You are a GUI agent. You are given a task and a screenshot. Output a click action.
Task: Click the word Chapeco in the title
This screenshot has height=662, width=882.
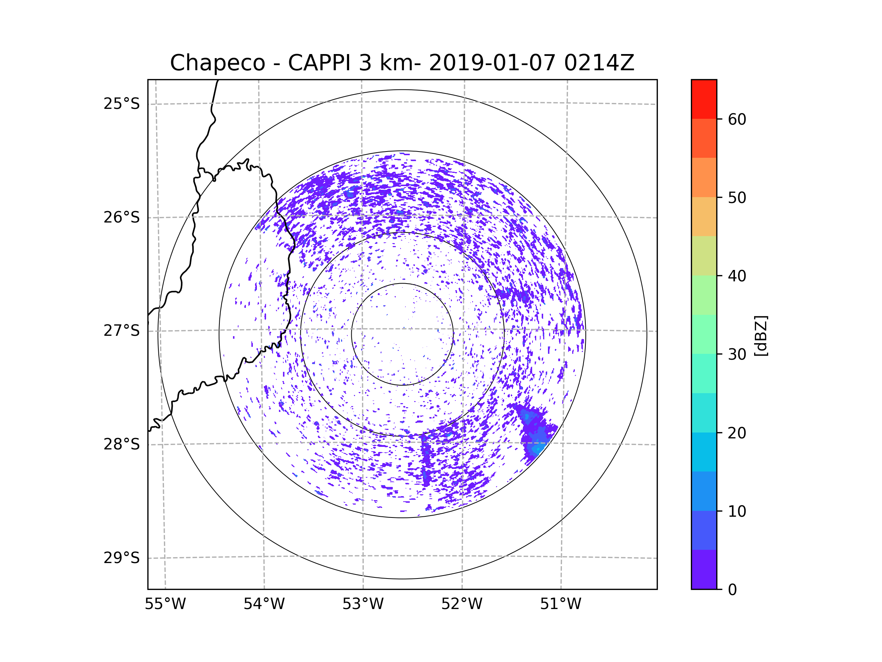pyautogui.click(x=217, y=63)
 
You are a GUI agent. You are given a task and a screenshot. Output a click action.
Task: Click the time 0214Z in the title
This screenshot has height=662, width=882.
pyautogui.click(x=599, y=63)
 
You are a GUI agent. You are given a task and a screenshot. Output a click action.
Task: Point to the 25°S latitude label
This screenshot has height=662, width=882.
pyautogui.click(x=122, y=104)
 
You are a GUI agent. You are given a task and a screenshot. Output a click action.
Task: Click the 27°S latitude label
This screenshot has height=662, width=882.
pyautogui.click(x=122, y=331)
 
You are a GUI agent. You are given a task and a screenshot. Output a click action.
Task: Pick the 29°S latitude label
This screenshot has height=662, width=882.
pyautogui.click(x=122, y=558)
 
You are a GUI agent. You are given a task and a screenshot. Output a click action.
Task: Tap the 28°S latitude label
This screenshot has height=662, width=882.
pyautogui.click(x=122, y=444)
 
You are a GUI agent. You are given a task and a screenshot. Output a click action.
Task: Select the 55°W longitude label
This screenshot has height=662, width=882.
pyautogui.click(x=165, y=604)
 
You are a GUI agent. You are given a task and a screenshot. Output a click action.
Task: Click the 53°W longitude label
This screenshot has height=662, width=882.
pyautogui.click(x=363, y=604)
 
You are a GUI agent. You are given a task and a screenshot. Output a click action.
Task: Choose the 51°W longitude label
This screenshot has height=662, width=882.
pyautogui.click(x=560, y=604)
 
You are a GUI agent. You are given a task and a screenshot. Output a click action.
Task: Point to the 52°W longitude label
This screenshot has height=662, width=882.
pyautogui.click(x=462, y=604)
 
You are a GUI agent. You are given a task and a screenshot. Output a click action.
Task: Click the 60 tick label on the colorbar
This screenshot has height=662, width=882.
pyautogui.click(x=737, y=119)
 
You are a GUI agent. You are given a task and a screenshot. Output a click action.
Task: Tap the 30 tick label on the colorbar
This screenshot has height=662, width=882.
pyautogui.click(x=737, y=354)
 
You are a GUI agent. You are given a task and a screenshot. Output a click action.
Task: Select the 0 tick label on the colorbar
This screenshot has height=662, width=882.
pyautogui.click(x=732, y=590)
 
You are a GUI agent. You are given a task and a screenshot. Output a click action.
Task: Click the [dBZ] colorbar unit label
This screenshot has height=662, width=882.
pyautogui.click(x=761, y=335)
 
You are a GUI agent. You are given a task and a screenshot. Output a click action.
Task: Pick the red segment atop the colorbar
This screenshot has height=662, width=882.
pyautogui.click(x=704, y=99)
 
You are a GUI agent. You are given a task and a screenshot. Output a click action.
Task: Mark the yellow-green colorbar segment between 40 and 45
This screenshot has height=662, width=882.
pyautogui.click(x=704, y=256)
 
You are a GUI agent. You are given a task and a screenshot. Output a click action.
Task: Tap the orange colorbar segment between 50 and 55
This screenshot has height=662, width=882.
pyautogui.click(x=704, y=178)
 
